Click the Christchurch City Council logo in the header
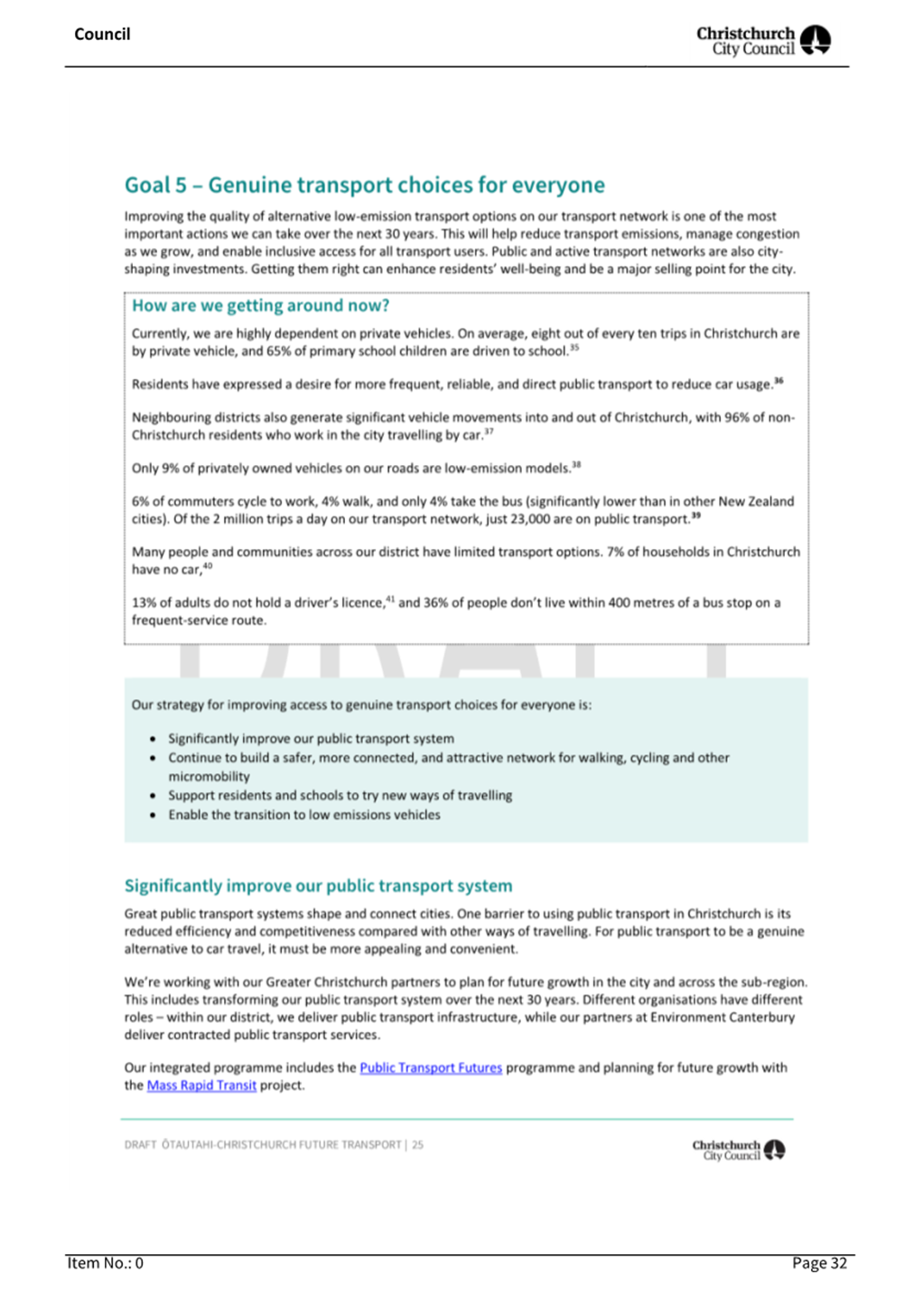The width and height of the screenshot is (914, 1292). coord(763,41)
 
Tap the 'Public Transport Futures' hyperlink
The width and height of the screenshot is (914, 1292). coord(430,1067)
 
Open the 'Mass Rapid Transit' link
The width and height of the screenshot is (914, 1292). coord(201,1085)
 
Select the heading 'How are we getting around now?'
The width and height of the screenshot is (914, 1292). coord(260,306)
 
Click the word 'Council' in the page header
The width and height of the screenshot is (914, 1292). coord(102,34)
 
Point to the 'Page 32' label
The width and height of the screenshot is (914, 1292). coord(819,1263)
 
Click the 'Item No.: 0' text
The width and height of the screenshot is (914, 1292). coord(105,1263)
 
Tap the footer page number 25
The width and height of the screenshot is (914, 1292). coord(417,1145)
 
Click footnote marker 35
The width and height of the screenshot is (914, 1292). coord(574,348)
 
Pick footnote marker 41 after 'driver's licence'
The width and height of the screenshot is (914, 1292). coord(390,599)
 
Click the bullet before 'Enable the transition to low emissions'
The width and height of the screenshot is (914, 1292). coord(153,815)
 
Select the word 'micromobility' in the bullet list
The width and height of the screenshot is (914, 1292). coord(209,776)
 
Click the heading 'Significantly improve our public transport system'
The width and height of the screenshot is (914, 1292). coord(318,886)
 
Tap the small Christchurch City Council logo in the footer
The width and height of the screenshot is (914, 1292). coord(738,1150)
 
